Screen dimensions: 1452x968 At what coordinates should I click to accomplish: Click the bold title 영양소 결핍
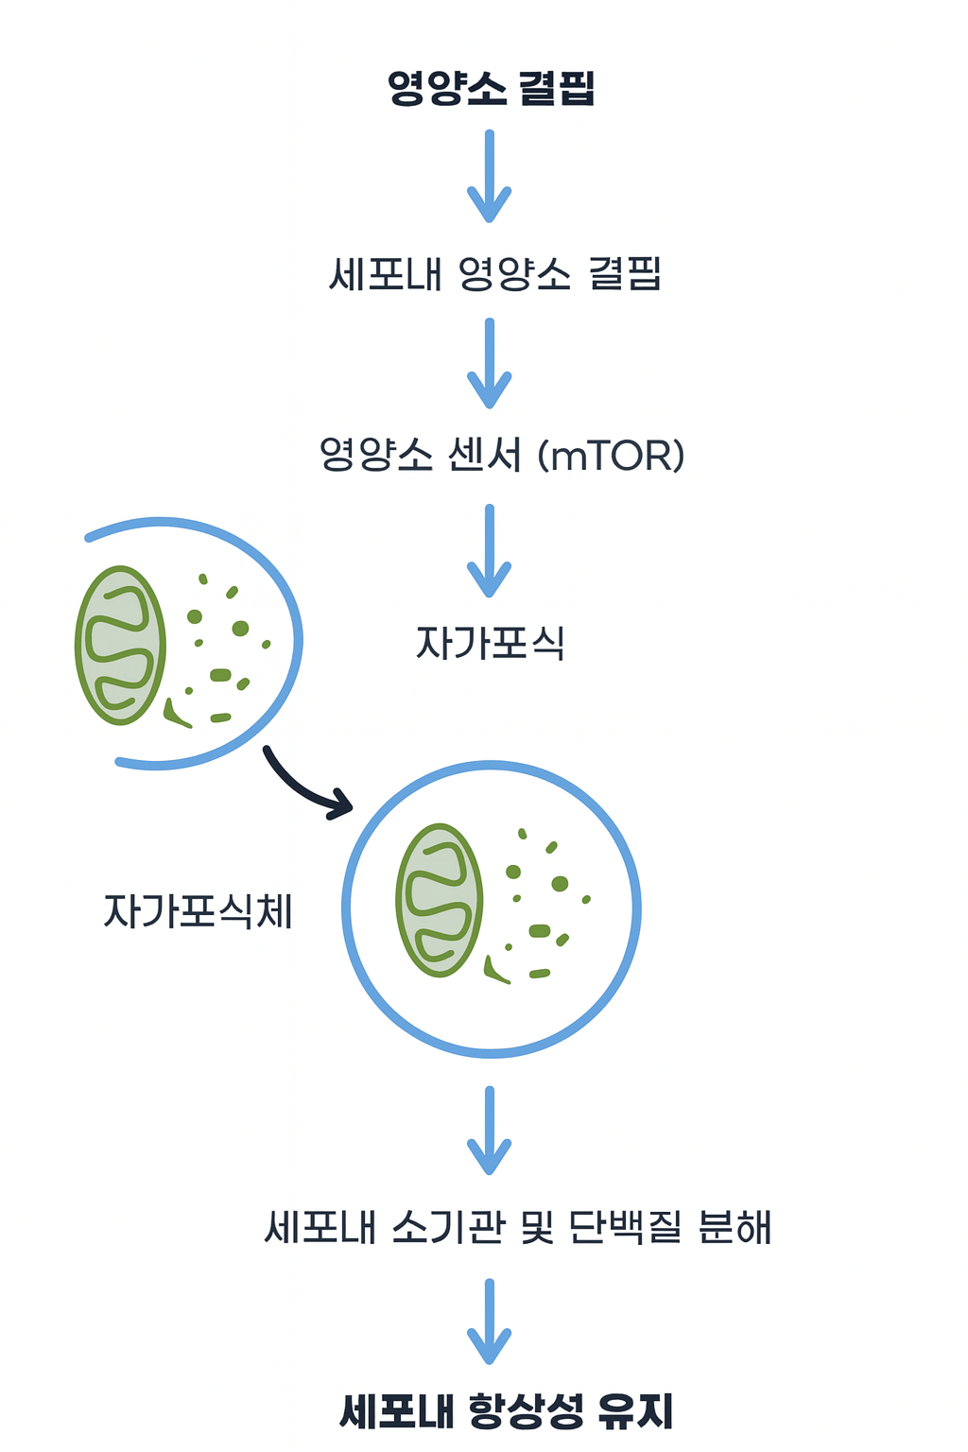[x=491, y=88]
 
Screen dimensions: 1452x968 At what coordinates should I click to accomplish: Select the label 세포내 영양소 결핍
[x=493, y=274]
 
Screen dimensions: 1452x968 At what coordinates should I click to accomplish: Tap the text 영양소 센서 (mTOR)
[x=501, y=455]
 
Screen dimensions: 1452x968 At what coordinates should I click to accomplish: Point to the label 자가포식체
[x=198, y=911]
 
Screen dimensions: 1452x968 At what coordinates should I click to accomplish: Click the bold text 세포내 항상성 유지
[x=506, y=1412]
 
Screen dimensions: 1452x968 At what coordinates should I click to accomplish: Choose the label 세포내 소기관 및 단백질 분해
[x=518, y=1227]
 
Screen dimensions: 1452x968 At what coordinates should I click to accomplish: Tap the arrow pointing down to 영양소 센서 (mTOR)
[x=490, y=363]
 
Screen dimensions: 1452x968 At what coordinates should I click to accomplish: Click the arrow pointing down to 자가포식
[x=490, y=550]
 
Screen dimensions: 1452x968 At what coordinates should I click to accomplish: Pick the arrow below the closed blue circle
[x=490, y=1131]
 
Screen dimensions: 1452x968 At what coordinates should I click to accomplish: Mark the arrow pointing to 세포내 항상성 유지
[x=490, y=1322]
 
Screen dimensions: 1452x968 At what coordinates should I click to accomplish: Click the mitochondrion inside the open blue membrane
[x=121, y=646]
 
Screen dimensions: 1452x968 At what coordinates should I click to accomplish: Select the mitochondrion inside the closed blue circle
[x=440, y=900]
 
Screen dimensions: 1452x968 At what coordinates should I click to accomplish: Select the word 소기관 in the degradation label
[x=447, y=1227]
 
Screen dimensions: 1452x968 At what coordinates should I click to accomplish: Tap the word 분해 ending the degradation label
[x=735, y=1227]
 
